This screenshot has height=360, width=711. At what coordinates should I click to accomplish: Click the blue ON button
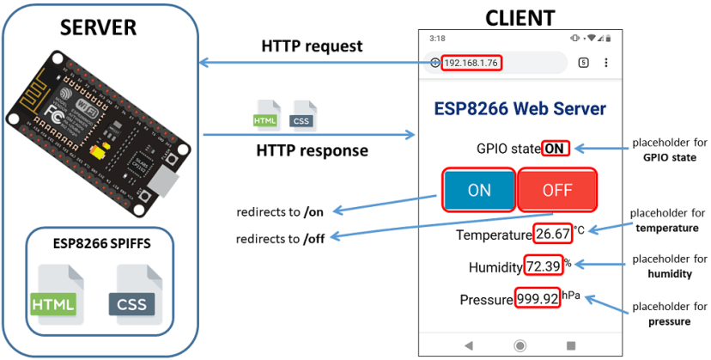478,190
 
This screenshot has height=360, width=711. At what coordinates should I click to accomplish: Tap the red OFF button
556,190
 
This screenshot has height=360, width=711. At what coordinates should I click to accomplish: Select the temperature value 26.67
552,235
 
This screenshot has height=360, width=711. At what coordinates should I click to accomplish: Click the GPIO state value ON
556,149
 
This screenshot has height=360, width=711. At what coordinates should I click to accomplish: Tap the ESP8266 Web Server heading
520,109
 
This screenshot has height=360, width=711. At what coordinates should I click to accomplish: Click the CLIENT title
520,16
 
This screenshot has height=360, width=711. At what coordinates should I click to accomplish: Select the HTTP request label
312,46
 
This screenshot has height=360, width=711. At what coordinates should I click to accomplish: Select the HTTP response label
312,150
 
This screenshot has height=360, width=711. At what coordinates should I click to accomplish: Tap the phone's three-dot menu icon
606,64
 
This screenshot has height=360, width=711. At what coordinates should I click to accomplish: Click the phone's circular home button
520,345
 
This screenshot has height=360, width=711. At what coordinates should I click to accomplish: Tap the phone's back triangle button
468,345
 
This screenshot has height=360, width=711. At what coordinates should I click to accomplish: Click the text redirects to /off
281,238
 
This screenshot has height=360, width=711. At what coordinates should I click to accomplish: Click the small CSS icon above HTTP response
301,114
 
